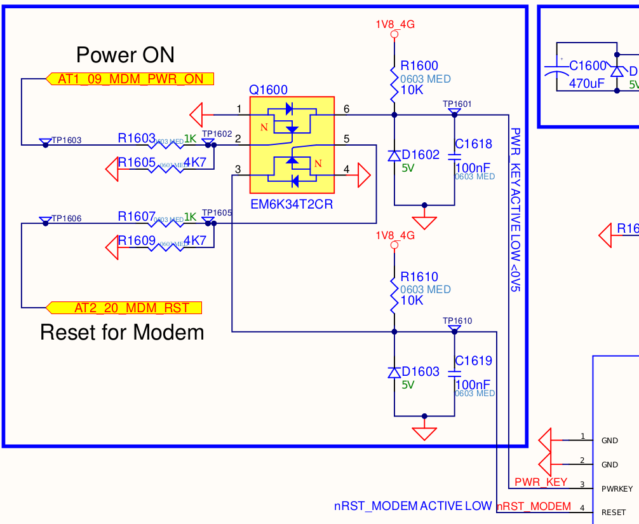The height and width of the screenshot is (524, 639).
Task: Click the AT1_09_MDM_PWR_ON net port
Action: [130, 79]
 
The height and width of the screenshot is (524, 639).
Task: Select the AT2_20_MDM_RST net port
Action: [125, 308]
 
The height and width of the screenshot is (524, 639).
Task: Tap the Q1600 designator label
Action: [268, 90]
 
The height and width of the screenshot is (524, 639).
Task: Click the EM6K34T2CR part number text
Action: [292, 205]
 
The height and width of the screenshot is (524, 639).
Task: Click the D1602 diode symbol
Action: [394, 155]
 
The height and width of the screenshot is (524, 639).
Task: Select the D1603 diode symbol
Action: [394, 372]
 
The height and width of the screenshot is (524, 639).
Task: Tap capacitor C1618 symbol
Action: [455, 156]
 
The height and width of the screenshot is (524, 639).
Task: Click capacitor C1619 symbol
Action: [455, 373]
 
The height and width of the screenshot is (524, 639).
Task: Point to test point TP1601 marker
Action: [455, 112]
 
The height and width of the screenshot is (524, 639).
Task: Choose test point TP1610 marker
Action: [455, 329]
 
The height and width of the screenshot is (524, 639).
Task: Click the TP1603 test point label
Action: [66, 141]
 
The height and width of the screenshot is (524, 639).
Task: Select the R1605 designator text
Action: [137, 163]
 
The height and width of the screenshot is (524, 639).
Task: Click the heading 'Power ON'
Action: [125, 55]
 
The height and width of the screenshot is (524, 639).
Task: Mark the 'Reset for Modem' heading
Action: [122, 332]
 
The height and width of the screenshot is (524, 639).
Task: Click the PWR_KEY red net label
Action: [541, 482]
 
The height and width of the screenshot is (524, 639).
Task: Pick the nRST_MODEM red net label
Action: [534, 506]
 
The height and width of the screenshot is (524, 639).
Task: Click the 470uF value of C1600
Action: [587, 83]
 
